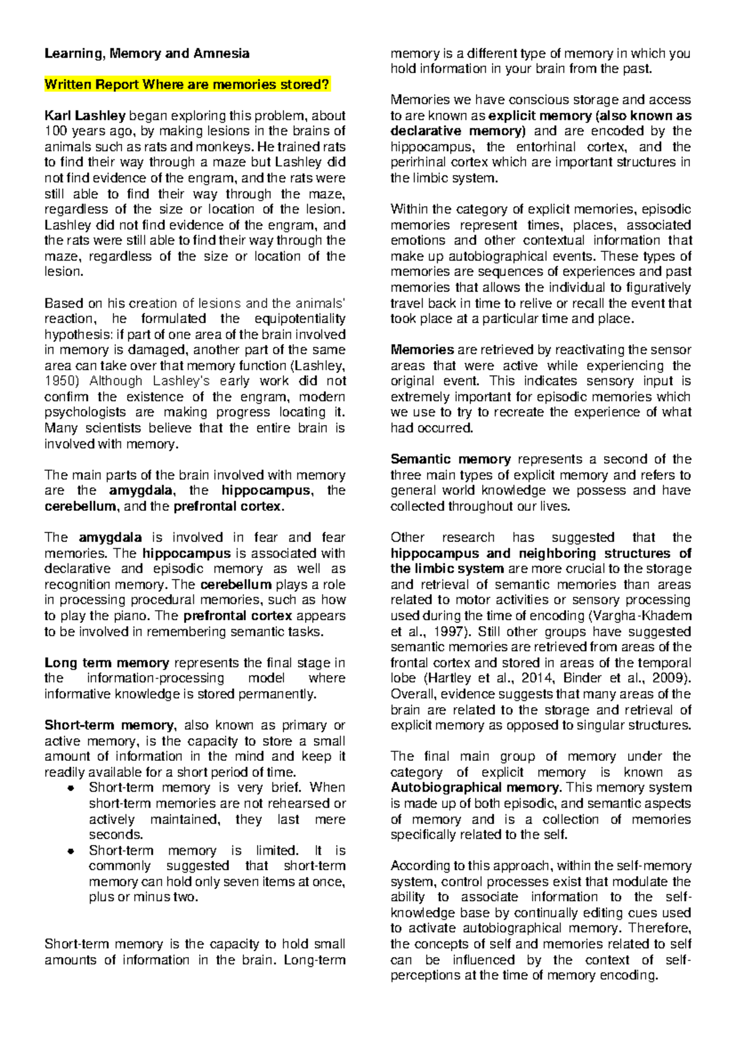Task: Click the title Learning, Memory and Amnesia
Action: pyautogui.click(x=147, y=53)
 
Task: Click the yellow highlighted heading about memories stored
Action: pyautogui.click(x=187, y=85)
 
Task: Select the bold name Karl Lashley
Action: pyautogui.click(x=85, y=115)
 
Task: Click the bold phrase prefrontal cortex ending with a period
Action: pyautogui.click(x=229, y=507)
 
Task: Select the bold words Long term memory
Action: pyautogui.click(x=107, y=663)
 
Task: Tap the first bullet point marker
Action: pyautogui.click(x=71, y=788)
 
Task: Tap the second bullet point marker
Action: pyautogui.click(x=71, y=851)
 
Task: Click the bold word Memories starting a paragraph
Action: pyautogui.click(x=422, y=350)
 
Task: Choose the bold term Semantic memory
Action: pyautogui.click(x=451, y=459)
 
